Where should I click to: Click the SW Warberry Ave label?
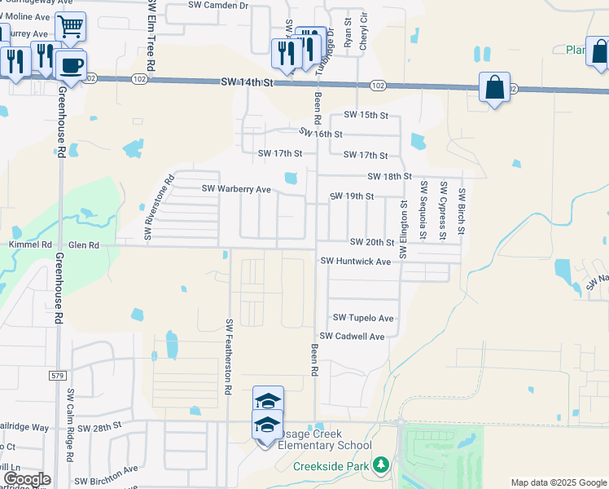point(236,189)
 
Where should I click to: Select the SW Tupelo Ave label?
point(362,318)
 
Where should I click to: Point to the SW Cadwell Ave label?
point(352,336)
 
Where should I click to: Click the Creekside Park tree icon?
point(380,465)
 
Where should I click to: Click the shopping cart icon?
point(71,28)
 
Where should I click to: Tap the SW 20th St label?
point(372,243)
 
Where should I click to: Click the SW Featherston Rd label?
point(229,356)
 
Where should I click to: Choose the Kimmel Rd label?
point(30,244)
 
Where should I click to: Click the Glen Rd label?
point(84,244)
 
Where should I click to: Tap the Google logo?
point(26,479)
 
